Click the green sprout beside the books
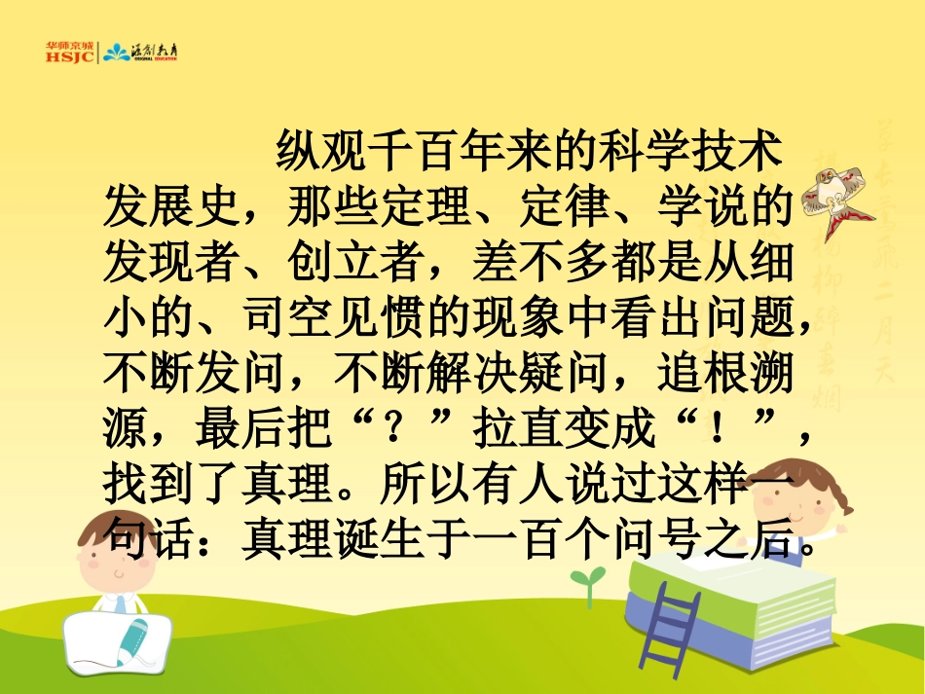point(584,583)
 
